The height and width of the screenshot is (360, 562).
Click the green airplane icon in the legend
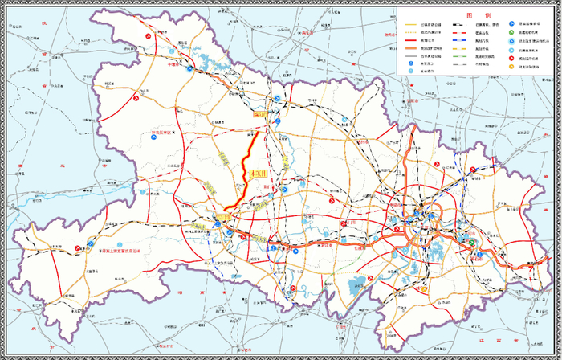point(511,32)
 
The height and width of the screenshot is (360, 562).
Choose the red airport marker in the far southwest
point(78,248)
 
